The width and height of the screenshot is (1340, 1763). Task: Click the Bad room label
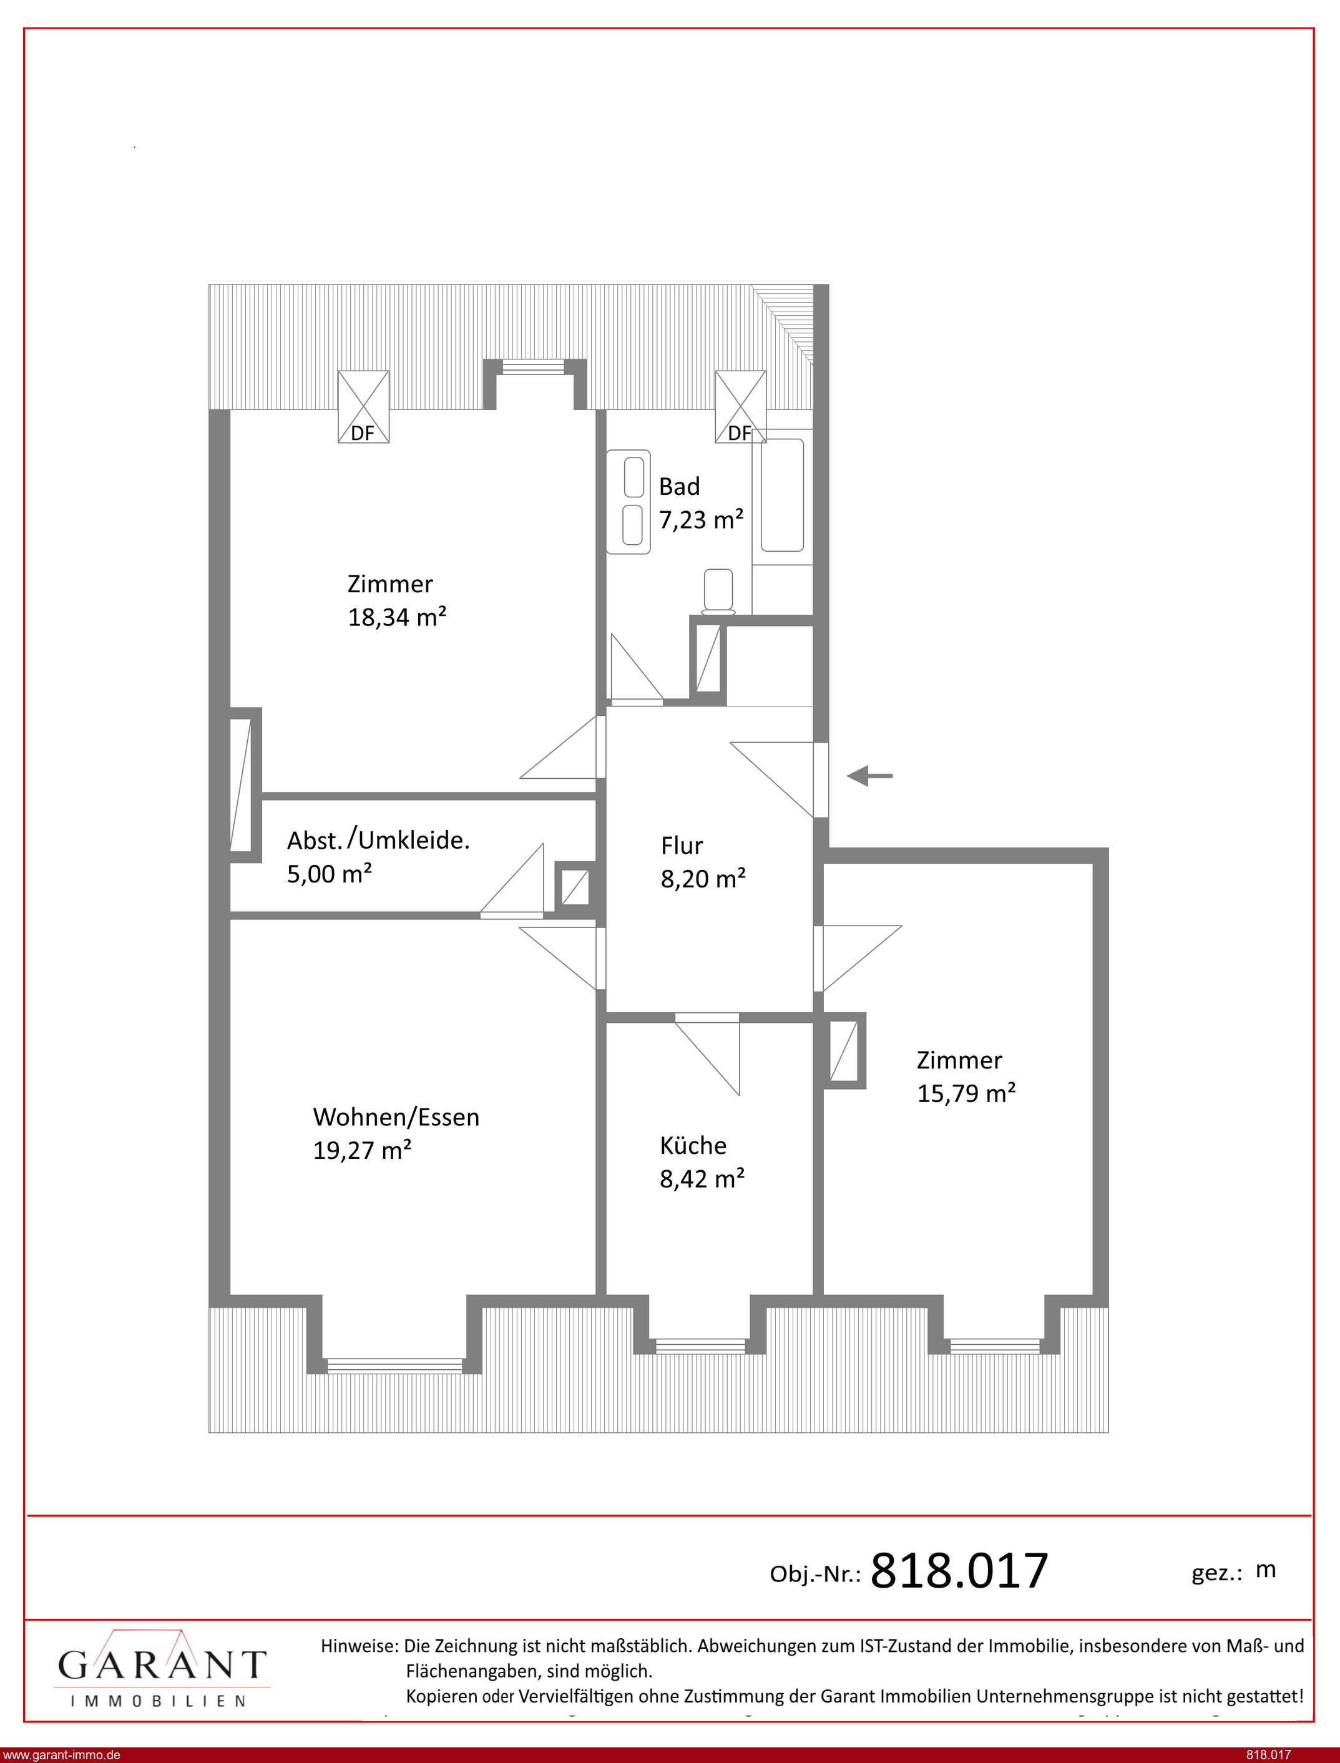(x=679, y=486)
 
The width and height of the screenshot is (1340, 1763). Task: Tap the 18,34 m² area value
(x=396, y=617)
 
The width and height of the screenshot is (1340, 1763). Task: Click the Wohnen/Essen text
(x=396, y=1117)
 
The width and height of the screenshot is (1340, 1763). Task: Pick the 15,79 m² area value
(x=966, y=1093)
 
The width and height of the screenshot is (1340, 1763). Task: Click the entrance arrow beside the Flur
(x=869, y=775)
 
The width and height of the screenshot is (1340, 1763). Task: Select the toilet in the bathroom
(x=718, y=592)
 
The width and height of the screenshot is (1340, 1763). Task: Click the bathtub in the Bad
(x=781, y=494)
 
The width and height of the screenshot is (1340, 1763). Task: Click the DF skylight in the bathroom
(x=740, y=407)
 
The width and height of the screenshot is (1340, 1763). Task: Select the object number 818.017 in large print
(x=959, y=1571)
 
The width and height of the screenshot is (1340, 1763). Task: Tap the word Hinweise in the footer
(x=359, y=1646)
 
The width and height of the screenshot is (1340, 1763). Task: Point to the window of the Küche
(x=700, y=1347)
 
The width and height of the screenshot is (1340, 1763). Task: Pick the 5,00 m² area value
(x=330, y=874)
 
